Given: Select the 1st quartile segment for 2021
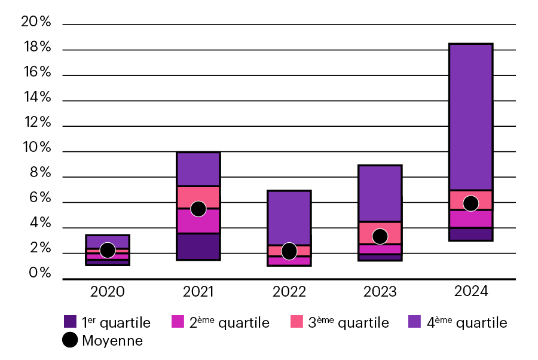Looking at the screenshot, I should [x=198, y=246].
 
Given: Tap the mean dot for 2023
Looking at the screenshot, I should [x=380, y=236].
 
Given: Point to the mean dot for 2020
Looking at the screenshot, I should [x=108, y=250].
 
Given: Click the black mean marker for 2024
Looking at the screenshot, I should [x=470, y=203].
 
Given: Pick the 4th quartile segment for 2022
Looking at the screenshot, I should [x=289, y=218].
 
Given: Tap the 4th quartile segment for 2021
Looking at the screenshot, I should [x=198, y=169].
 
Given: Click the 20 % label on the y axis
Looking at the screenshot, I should [x=36, y=22].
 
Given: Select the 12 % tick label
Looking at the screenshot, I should [x=36, y=123].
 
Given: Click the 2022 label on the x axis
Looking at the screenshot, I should [x=289, y=292].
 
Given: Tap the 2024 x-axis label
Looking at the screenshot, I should [x=470, y=292].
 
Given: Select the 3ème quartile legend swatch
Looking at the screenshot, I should [x=297, y=322].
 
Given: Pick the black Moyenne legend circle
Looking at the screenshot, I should [x=70, y=340].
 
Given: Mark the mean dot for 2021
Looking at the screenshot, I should [x=198, y=209].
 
